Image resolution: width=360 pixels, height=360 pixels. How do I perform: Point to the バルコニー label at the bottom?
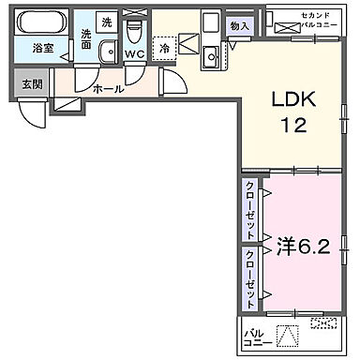click(x=254, y=337)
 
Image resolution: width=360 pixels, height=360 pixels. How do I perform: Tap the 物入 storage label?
click(x=240, y=27)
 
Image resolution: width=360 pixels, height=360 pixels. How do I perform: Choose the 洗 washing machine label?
click(x=107, y=22)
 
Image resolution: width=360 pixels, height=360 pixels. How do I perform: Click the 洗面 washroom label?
click(x=85, y=39)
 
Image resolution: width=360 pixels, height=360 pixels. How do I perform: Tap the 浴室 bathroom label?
click(x=42, y=47)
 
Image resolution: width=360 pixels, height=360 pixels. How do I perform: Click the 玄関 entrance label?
click(x=33, y=83)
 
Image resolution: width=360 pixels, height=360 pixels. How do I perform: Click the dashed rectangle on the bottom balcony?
click(x=322, y=324)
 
